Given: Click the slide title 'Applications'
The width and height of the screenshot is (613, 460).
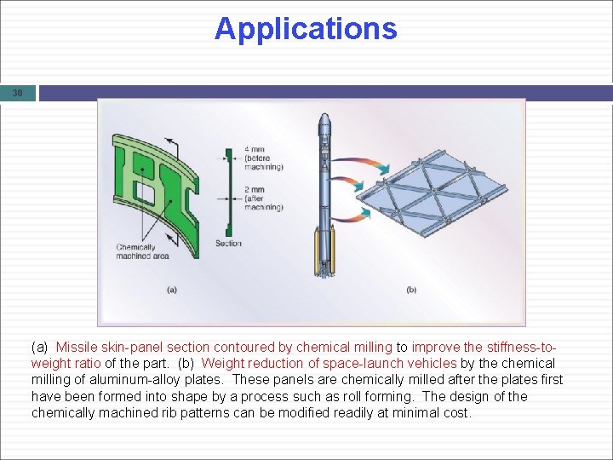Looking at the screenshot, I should click(306, 28).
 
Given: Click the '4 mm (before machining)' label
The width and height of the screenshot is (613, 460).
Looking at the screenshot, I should click(263, 158).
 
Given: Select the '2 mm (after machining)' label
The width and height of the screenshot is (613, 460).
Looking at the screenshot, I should click(263, 198).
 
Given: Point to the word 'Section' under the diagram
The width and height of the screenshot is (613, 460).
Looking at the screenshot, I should click(228, 244).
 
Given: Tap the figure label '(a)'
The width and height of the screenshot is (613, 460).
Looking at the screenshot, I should click(172, 290).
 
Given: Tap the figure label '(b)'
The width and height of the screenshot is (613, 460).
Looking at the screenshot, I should click(411, 290).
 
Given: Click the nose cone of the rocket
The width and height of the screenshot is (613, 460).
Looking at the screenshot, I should click(324, 120).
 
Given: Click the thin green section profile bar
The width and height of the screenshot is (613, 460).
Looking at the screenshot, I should click(228, 193).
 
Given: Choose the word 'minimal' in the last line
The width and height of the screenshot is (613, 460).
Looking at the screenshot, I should click(410, 413).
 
